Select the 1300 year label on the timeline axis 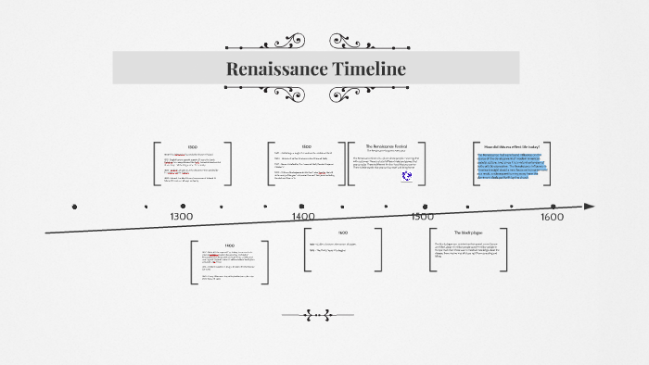tap(182, 216)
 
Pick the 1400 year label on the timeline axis tap(304, 216)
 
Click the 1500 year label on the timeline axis tap(422, 216)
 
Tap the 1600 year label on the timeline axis tap(552, 217)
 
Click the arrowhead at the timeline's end tap(589, 207)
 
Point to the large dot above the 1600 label tap(554, 207)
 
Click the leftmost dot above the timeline tap(74, 207)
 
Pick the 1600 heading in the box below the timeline tap(343, 233)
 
